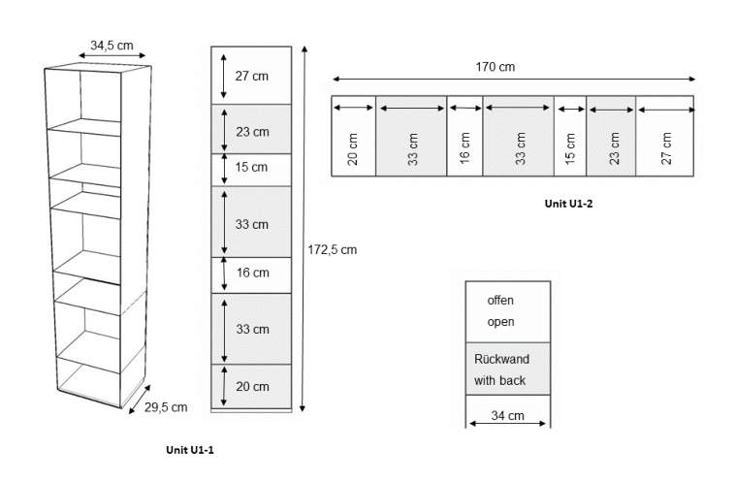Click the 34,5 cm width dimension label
(x=112, y=45)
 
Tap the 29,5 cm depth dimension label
(x=166, y=407)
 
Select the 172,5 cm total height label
(x=333, y=249)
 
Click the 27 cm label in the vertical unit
(x=252, y=76)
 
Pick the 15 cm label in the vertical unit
(x=252, y=167)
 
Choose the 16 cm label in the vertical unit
(x=252, y=273)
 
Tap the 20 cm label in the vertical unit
(x=252, y=387)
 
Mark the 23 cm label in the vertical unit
(x=252, y=131)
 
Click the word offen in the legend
(x=500, y=301)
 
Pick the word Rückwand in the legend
(x=501, y=359)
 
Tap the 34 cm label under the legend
(x=507, y=416)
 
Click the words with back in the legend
(x=500, y=381)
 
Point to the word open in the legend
(x=500, y=322)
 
